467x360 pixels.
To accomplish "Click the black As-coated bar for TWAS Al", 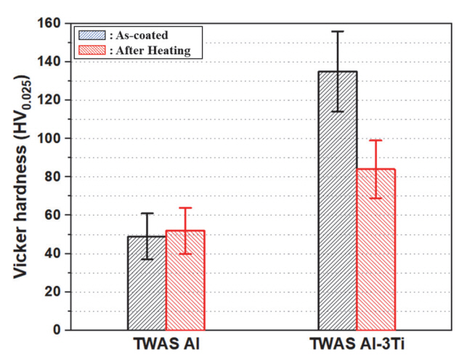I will (x=147, y=283).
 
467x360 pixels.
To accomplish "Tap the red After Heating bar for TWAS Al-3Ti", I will (x=375, y=250).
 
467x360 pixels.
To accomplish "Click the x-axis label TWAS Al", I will (x=166, y=345).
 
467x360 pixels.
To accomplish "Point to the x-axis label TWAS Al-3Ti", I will (x=357, y=345).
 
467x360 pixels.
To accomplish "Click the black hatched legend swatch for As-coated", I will (x=92, y=34).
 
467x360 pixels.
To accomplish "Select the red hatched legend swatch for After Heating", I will (x=92, y=50).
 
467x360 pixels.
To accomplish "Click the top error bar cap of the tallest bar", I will (x=338, y=31).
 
